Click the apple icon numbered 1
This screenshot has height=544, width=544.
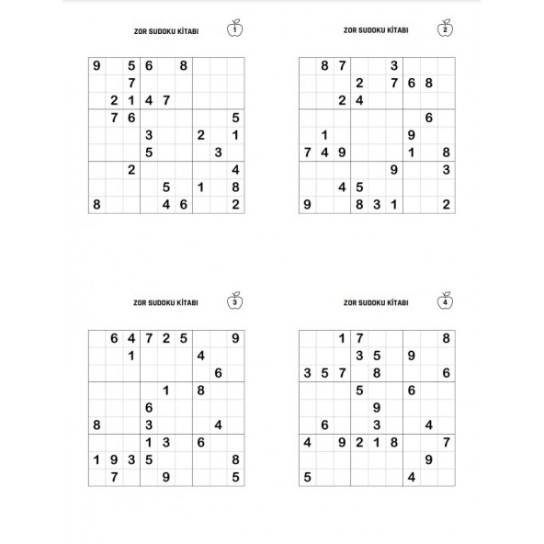tap(236, 29)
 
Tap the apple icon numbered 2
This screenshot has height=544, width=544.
tap(446, 29)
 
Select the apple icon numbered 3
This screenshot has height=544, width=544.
tap(236, 300)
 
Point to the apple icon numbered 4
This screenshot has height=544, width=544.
tap(446, 300)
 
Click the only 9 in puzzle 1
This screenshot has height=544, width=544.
tap(96, 65)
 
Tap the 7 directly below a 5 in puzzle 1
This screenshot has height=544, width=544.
tap(131, 83)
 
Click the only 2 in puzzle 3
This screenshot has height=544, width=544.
tap(165, 338)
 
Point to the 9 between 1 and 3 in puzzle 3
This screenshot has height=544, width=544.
tap(114, 459)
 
